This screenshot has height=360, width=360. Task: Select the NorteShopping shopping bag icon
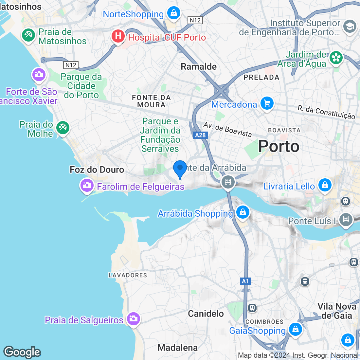(173, 13)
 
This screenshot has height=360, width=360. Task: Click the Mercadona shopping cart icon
(267, 104)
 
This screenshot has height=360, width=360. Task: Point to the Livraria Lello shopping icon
(325, 185)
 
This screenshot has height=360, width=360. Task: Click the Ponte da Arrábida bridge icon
(228, 181)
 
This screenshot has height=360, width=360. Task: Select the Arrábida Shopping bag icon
(243, 212)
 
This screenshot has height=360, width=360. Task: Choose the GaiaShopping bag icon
(295, 330)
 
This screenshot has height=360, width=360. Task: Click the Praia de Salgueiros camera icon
(133, 319)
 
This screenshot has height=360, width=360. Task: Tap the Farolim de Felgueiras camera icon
(87, 186)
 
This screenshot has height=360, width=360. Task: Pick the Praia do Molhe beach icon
(63, 128)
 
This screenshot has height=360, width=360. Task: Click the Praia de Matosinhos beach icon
(28, 35)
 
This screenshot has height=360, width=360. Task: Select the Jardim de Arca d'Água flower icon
(336, 58)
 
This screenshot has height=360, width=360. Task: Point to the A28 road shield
(200, 135)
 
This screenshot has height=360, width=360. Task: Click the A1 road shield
(245, 281)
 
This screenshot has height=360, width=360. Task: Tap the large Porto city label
(279, 146)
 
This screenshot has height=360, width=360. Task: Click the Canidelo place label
(206, 314)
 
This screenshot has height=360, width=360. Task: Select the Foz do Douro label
(97, 170)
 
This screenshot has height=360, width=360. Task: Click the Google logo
(22, 352)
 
